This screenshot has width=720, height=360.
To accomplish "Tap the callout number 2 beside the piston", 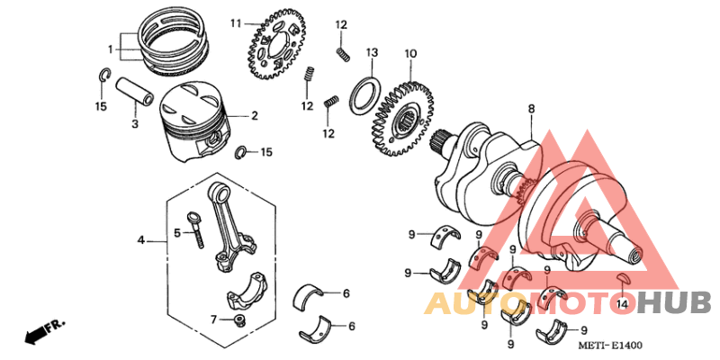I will pyautogui.click(x=255, y=115).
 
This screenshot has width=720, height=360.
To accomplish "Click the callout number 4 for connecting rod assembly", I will pyautogui.click(x=140, y=240).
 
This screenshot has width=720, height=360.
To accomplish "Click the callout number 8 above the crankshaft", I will pyautogui.click(x=531, y=108).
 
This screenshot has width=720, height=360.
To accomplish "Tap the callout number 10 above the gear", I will pyautogui.click(x=410, y=54).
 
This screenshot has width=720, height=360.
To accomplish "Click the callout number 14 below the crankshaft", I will pyautogui.click(x=621, y=305).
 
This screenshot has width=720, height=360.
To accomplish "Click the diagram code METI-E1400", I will pyautogui.click(x=610, y=346).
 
